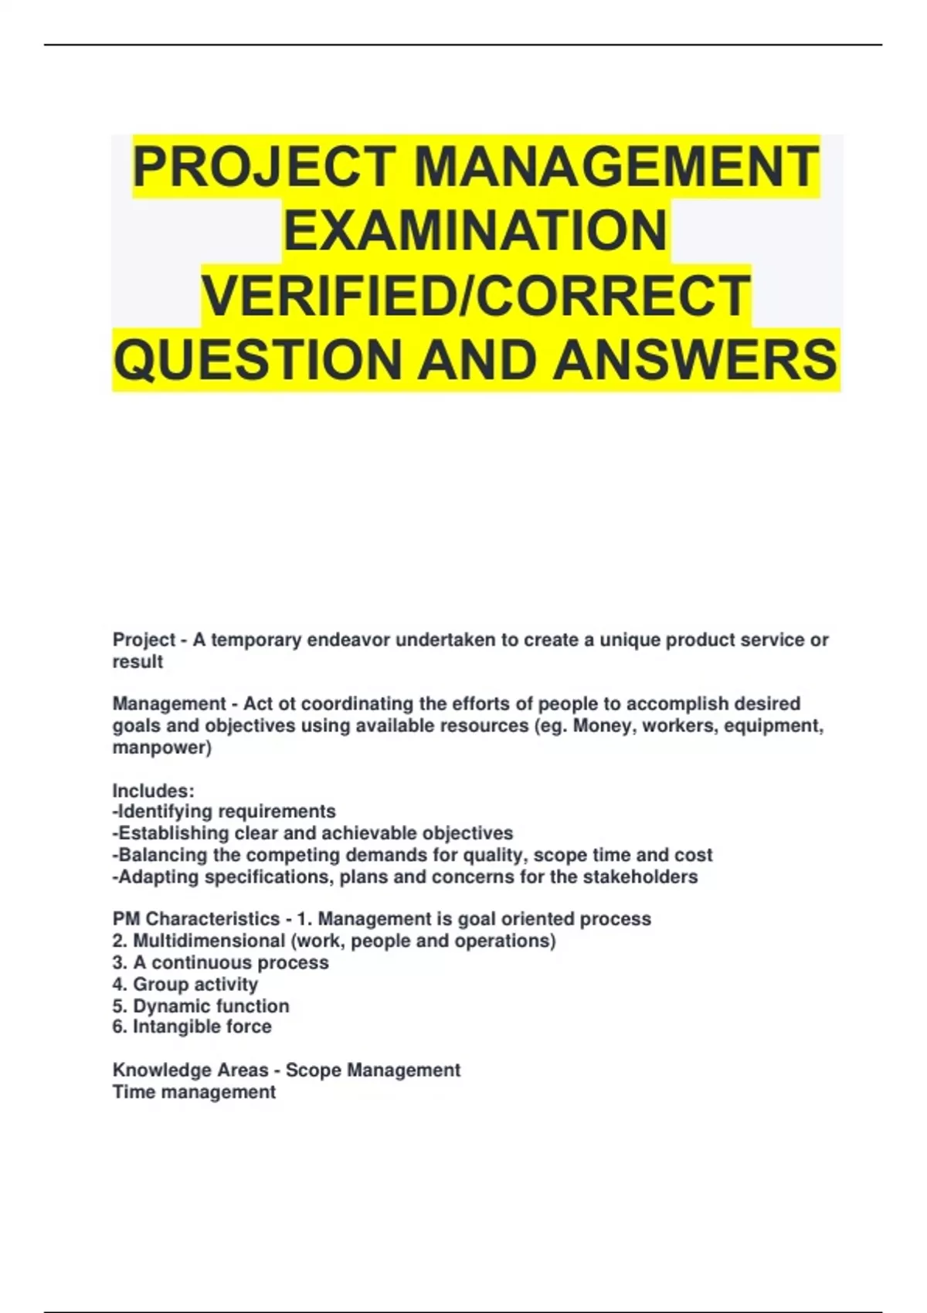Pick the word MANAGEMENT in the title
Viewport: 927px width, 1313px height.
(616, 168)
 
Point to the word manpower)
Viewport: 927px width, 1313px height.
(162, 748)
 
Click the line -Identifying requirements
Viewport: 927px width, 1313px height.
(224, 812)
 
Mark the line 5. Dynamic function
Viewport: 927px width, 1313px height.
(201, 1006)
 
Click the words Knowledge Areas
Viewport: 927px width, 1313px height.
(190, 1070)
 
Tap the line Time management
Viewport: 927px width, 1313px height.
(194, 1092)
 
